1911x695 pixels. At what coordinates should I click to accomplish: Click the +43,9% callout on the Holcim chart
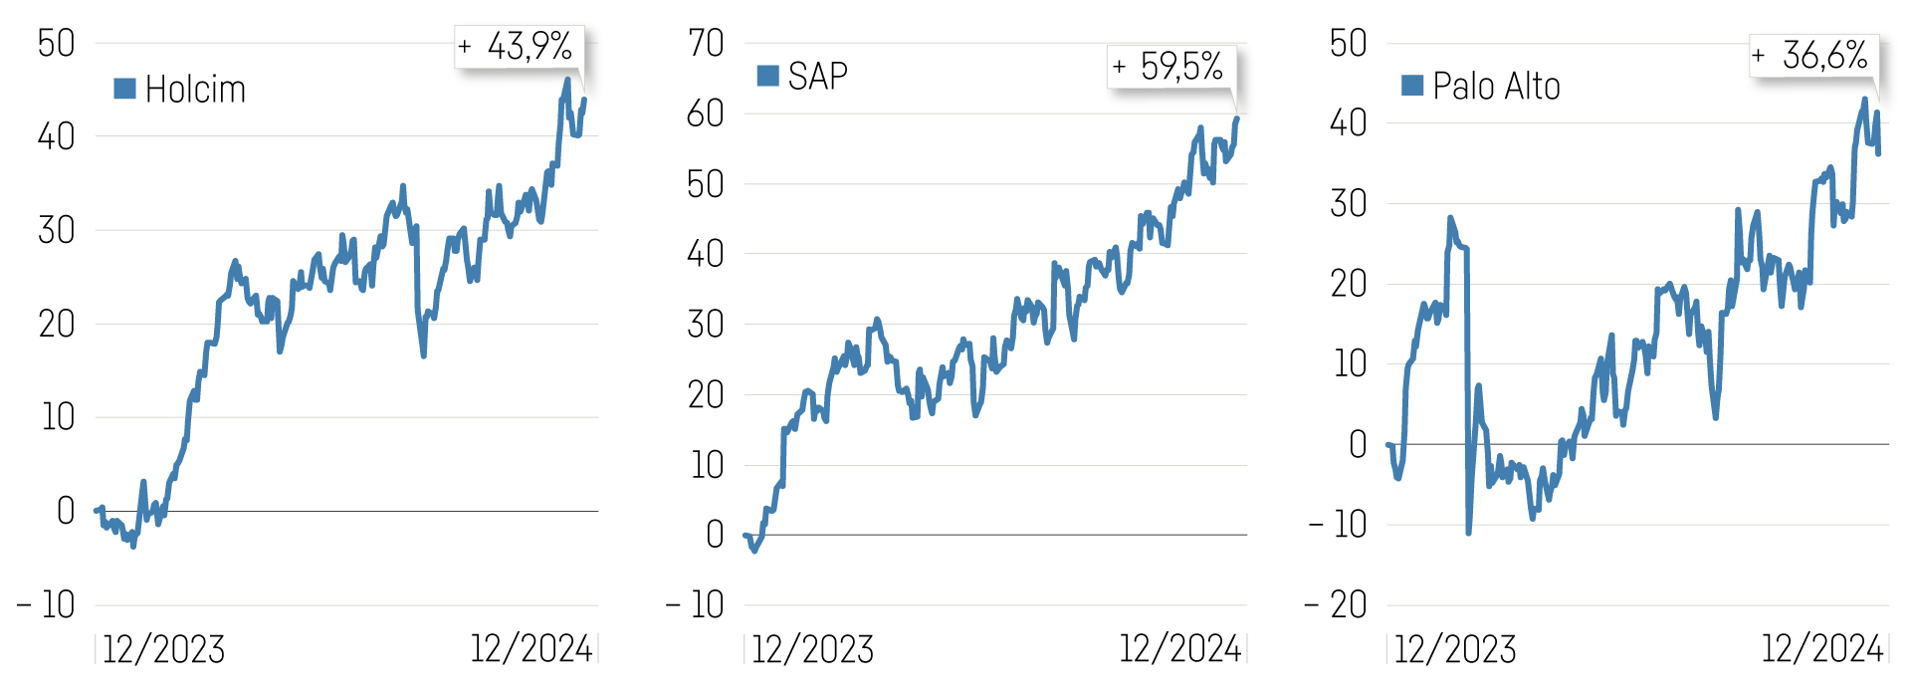(x=519, y=46)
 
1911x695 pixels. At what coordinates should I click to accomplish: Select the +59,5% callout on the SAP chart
(x=1170, y=67)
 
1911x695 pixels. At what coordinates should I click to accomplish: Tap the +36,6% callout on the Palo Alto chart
(x=1813, y=55)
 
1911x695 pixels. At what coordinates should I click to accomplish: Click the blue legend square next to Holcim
(x=124, y=89)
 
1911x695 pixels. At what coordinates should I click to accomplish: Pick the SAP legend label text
(x=817, y=77)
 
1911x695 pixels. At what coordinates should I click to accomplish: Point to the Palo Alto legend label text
(x=1496, y=87)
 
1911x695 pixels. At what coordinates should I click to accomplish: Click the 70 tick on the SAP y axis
(x=706, y=43)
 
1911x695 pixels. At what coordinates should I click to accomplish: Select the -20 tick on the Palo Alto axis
(x=1337, y=604)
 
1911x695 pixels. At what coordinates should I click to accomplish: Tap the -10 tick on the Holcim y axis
(x=46, y=604)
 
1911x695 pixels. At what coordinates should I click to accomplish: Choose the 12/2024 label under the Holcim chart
(x=531, y=649)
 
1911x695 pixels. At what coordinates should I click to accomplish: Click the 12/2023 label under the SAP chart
(x=812, y=649)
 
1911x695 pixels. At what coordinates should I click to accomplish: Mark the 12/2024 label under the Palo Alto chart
(x=1821, y=649)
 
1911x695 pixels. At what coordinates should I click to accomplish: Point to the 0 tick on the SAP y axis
(x=715, y=535)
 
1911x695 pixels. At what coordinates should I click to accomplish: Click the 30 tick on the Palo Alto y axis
(x=1349, y=203)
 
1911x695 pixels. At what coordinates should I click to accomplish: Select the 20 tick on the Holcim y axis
(x=56, y=324)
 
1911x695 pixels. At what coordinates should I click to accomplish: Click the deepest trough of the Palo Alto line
(x=1468, y=533)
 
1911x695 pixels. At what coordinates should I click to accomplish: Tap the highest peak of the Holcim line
(x=567, y=79)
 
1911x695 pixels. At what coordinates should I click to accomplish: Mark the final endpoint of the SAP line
(x=1237, y=117)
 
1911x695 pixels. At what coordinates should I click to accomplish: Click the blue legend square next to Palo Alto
(x=1411, y=86)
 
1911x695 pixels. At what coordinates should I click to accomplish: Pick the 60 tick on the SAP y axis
(x=706, y=114)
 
